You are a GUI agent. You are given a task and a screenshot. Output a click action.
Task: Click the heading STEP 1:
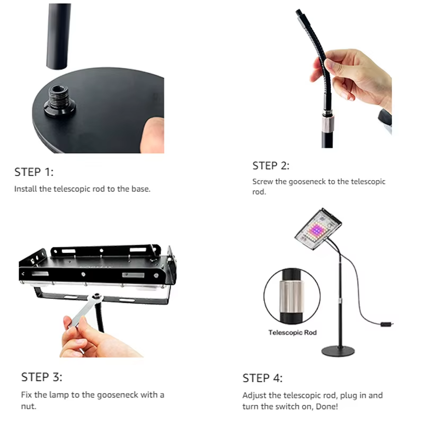tap(34, 172)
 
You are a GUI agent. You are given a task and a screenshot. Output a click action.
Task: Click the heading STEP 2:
tap(271, 166)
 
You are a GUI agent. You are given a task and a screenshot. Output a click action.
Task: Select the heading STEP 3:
tap(42, 377)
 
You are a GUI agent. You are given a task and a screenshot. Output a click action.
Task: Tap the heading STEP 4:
tap(262, 378)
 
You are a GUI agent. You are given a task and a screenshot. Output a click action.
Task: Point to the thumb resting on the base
tap(153, 135)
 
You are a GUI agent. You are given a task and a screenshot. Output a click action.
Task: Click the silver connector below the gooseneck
tap(328, 123)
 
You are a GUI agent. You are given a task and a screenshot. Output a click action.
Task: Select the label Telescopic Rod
tap(293, 332)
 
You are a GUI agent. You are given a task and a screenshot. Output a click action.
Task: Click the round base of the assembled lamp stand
tap(338, 351)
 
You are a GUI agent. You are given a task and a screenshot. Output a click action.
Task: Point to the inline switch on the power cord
tap(386, 323)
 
